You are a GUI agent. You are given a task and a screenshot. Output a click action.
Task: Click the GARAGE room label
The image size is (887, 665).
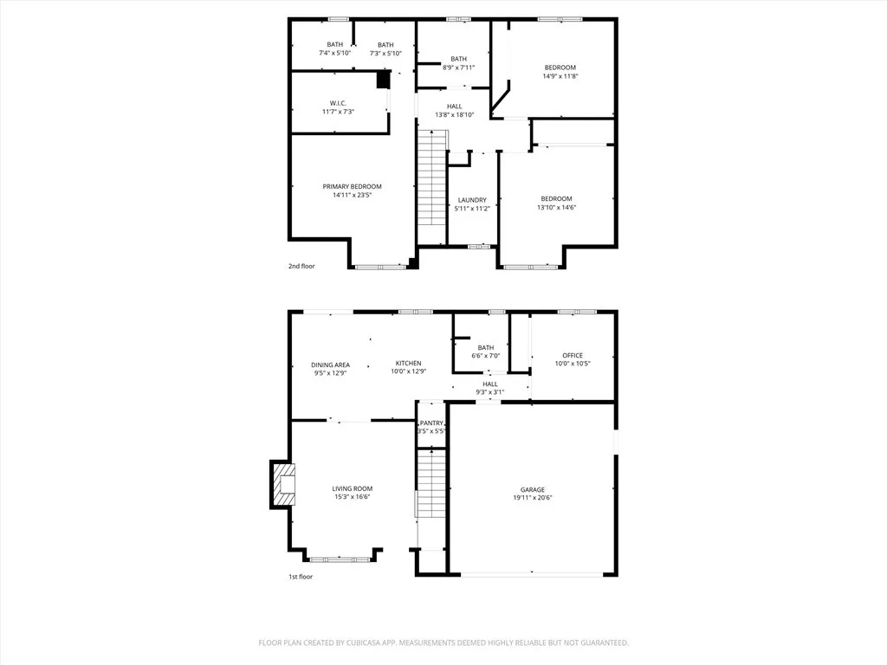pyautogui.click(x=532, y=488)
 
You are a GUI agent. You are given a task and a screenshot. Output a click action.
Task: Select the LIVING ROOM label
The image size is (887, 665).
pyautogui.click(x=352, y=488)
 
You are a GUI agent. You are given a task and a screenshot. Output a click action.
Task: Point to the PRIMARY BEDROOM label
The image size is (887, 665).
pyautogui.click(x=352, y=186)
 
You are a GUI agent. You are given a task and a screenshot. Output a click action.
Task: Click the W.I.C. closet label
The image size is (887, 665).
pyautogui.click(x=338, y=102)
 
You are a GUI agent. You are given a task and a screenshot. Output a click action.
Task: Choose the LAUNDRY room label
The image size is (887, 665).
pyautogui.click(x=472, y=199)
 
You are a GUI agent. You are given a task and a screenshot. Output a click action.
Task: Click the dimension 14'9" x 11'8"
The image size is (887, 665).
pyautogui.click(x=560, y=76)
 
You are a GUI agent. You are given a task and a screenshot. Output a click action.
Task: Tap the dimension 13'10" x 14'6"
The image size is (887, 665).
pyautogui.click(x=556, y=207)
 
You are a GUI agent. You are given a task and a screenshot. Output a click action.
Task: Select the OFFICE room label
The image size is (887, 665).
pyautogui.click(x=573, y=355)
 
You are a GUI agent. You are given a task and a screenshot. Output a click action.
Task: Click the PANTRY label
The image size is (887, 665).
pyautogui.click(x=433, y=423)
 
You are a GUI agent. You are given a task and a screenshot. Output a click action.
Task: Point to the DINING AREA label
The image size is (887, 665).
pyautogui.click(x=331, y=365)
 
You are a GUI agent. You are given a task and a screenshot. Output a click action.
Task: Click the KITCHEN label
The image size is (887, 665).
pyautogui.click(x=409, y=363)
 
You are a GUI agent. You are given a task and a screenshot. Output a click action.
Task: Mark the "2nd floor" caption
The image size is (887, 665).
pyautogui.click(x=301, y=266)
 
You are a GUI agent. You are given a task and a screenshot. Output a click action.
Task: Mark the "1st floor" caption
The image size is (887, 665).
pyautogui.click(x=301, y=576)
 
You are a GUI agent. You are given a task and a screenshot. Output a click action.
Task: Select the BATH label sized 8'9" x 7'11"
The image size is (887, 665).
pyautogui.click(x=458, y=59)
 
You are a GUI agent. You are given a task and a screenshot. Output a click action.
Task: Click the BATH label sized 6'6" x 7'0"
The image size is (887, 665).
pyautogui.click(x=485, y=347)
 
